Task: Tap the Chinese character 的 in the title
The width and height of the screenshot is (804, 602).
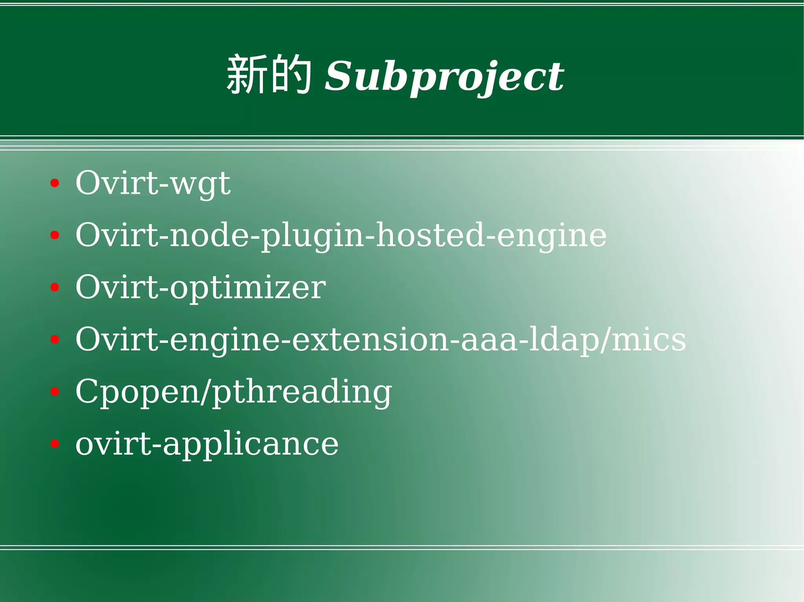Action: pyautogui.click(x=291, y=75)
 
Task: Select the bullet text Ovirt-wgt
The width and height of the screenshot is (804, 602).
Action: pyautogui.click(x=153, y=184)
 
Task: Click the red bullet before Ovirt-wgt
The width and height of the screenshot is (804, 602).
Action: pyautogui.click(x=55, y=183)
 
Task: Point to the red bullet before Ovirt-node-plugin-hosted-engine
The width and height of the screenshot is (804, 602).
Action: pyautogui.click(x=55, y=235)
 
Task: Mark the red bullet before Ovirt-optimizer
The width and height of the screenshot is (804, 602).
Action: pyautogui.click(x=55, y=287)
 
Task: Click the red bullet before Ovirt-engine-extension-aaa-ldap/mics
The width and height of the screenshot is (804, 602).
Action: pyautogui.click(x=55, y=339)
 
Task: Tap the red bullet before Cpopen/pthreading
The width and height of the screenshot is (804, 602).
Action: pyautogui.click(x=55, y=391)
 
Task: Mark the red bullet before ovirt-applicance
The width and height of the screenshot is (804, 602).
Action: pyautogui.click(x=55, y=444)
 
